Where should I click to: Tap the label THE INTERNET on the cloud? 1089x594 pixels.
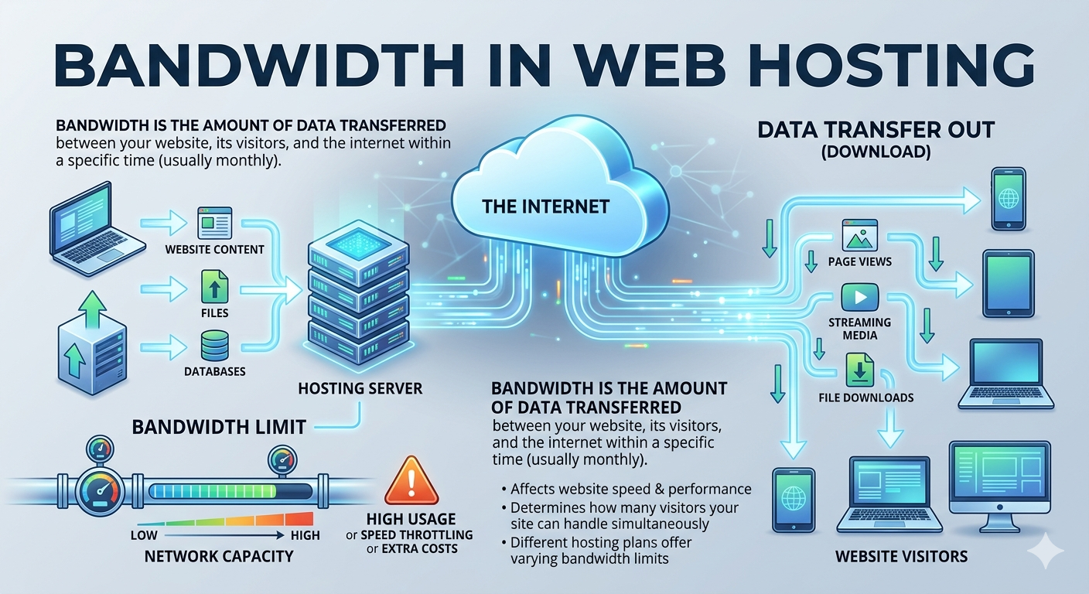point(545,207)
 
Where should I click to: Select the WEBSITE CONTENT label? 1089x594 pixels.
point(214,249)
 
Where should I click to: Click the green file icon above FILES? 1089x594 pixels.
point(214,287)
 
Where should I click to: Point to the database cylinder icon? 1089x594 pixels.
point(214,346)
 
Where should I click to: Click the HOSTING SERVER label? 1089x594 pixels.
point(360,388)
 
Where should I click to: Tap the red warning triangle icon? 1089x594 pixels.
point(411,480)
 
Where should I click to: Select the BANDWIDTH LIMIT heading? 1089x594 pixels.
point(219,427)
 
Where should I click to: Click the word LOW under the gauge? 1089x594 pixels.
point(144,535)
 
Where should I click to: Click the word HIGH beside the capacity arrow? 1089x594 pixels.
point(306,535)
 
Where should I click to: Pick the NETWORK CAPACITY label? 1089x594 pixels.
point(219,556)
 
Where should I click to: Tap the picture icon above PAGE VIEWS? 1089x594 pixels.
point(859,235)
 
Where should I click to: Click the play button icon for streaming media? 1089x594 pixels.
point(859,297)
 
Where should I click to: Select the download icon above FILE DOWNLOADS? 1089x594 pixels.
point(859,370)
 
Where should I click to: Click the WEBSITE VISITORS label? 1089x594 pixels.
point(901,557)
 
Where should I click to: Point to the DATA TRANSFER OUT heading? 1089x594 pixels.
point(876,130)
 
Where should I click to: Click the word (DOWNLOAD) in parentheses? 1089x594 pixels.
point(876,152)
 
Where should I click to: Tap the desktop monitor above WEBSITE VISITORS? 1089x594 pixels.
point(1000,486)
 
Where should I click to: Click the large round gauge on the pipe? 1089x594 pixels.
point(101,491)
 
